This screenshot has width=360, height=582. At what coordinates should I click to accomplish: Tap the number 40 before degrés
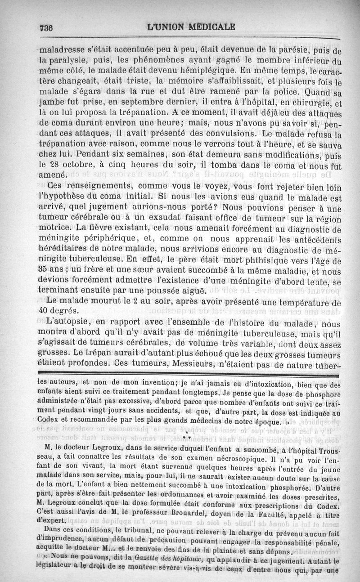pos(45,310)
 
